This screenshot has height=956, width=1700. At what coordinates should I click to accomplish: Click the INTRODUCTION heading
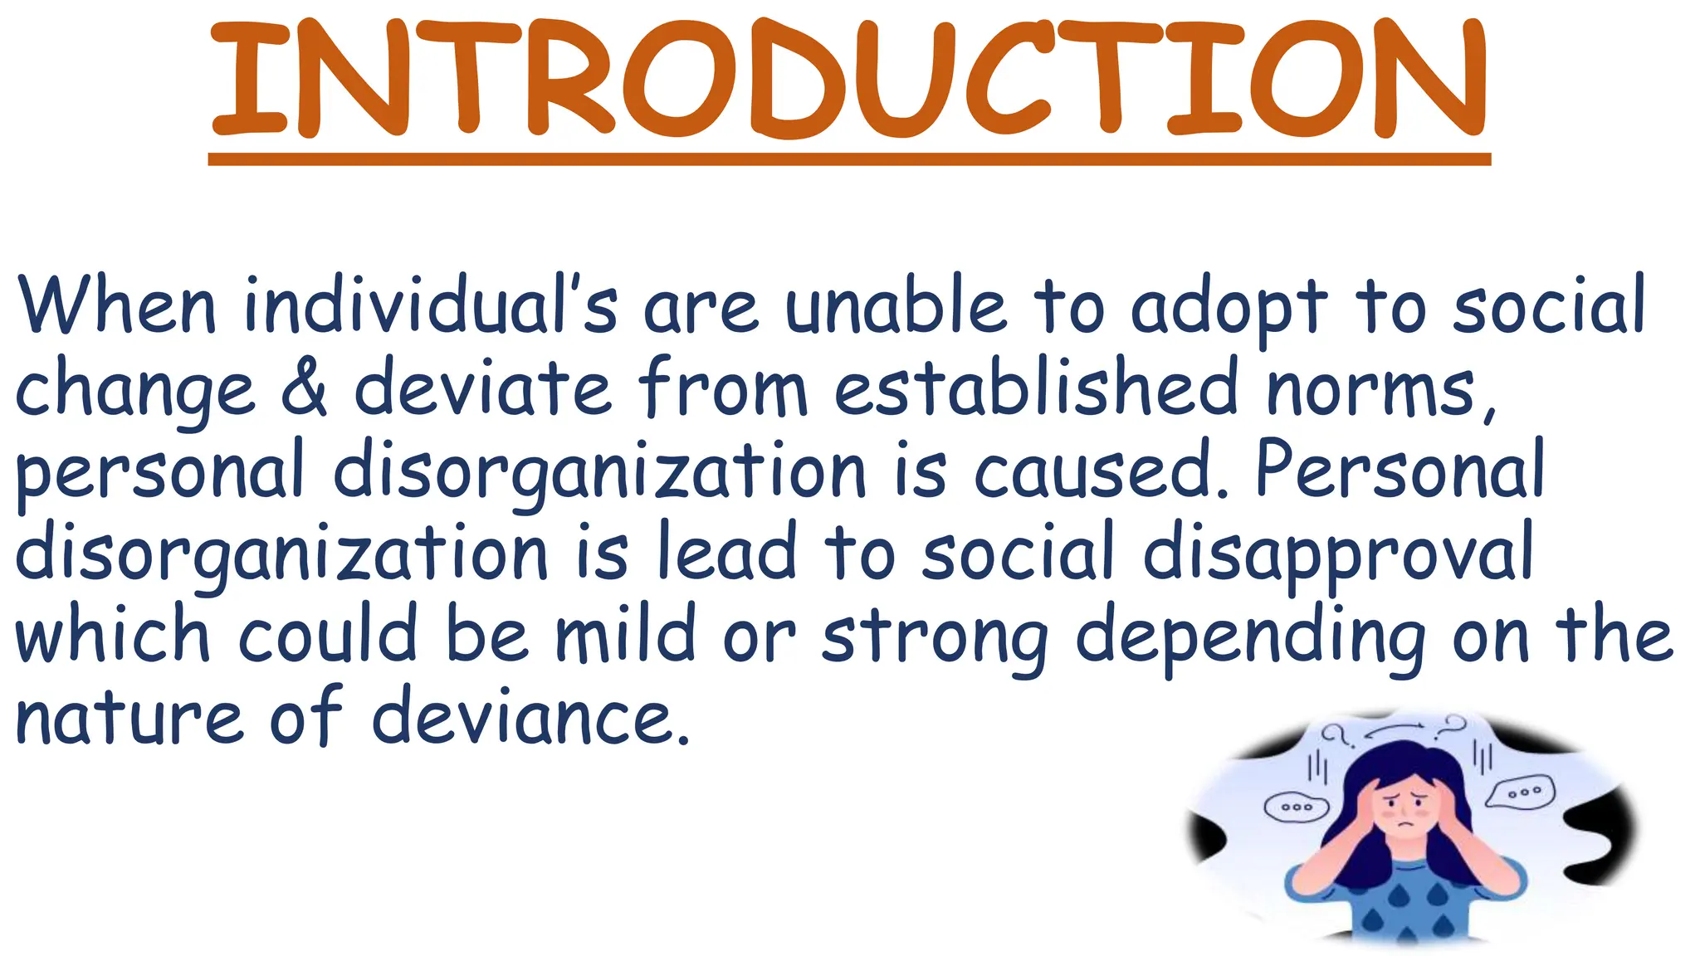(848, 79)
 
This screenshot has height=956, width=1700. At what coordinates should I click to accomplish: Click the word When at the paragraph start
(116, 306)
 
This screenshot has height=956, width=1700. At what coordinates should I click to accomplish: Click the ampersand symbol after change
(304, 388)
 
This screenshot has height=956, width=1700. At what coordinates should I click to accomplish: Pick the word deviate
(483, 388)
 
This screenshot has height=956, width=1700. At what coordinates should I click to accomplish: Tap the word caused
(1092, 471)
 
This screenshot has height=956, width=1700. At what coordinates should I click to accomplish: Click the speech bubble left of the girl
(1296, 807)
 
